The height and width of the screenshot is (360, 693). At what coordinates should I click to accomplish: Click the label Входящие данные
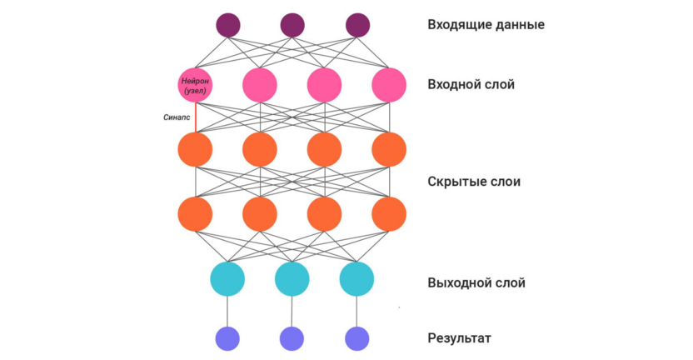(x=486, y=24)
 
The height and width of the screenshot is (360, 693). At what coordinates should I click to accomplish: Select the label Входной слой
(x=471, y=84)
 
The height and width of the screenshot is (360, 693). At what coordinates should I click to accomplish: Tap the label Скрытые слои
(x=473, y=182)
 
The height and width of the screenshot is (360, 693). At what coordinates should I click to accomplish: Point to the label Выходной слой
(x=476, y=282)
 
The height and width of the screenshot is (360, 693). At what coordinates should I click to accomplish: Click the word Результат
(x=459, y=338)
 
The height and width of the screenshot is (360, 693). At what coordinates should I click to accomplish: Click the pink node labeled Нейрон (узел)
(x=195, y=84)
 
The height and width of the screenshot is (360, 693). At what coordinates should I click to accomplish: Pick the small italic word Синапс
(x=177, y=117)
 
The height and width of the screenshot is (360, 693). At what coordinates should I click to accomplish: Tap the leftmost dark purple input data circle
(x=227, y=25)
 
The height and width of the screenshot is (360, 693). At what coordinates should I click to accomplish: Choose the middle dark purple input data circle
(x=292, y=25)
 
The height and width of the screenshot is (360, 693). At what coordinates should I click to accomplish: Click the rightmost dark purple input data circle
(x=357, y=25)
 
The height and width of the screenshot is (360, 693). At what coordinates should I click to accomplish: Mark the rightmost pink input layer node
(x=389, y=84)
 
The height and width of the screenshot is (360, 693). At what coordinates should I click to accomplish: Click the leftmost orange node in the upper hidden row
(x=195, y=149)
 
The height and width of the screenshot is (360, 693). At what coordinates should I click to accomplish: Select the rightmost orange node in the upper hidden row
(x=389, y=149)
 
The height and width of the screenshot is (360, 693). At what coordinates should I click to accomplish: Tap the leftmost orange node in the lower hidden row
(x=195, y=214)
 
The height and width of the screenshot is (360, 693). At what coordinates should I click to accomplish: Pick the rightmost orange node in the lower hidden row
(x=389, y=214)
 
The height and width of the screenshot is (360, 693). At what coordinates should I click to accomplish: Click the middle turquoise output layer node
(x=292, y=279)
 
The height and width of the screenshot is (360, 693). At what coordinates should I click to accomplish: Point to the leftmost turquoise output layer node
(x=227, y=279)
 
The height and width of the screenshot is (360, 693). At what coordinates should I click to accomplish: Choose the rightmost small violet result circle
(x=356, y=338)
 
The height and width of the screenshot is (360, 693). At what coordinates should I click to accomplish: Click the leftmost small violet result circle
(x=227, y=338)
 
